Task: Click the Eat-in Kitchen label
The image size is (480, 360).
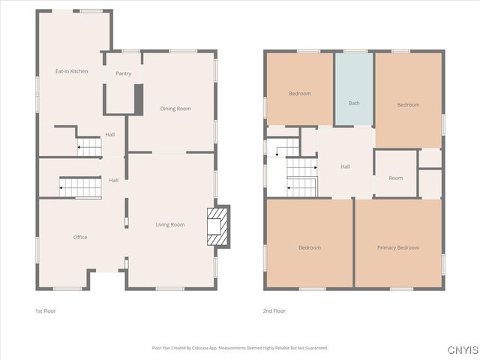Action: point(71,71)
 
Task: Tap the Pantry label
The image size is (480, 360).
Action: point(123,73)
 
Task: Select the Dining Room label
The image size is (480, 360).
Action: point(175,109)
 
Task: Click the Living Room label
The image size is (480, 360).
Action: point(169,225)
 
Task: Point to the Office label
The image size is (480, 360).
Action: point(80,237)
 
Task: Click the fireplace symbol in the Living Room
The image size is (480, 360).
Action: point(216,226)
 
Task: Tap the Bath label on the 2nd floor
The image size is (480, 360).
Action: point(354,103)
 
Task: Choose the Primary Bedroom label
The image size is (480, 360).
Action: point(397,247)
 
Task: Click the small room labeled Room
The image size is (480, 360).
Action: point(395,178)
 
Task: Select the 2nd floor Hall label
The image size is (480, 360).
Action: point(345,166)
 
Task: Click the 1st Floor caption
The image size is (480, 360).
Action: point(45,310)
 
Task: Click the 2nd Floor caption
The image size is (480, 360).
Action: point(274,310)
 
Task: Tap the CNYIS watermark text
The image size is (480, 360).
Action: point(462,350)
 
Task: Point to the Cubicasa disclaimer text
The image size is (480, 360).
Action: point(240,348)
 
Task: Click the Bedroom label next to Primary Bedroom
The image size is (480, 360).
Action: point(309,247)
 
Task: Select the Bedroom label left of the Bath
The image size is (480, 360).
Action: point(299,94)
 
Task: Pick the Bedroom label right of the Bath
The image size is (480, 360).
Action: point(408,105)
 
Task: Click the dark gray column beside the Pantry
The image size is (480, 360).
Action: point(138,99)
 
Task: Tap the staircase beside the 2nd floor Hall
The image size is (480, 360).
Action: point(302,177)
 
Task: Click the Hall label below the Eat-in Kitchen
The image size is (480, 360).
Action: point(109,134)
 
